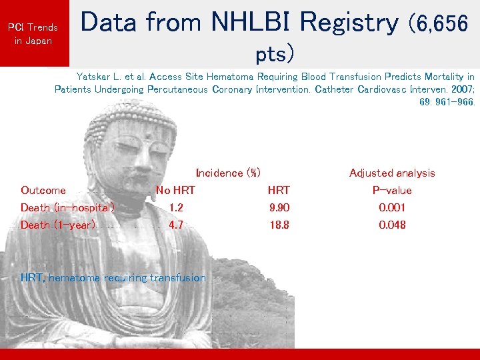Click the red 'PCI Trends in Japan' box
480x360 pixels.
33,33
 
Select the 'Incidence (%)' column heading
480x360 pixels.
228,173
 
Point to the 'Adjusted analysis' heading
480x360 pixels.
392,173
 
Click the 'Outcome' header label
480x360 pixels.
43,190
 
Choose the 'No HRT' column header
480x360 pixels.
175,190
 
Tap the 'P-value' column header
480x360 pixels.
392,190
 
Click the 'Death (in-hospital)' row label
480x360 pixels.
68,207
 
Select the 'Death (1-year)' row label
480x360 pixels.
58,225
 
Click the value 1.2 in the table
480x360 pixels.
176,207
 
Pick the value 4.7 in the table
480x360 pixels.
176,225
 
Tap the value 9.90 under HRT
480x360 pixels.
279,207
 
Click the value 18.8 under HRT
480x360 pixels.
279,225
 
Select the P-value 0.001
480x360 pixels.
392,207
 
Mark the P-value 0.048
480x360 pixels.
392,225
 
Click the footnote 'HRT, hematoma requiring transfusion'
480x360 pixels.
113,277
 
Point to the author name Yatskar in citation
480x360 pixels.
95,77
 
